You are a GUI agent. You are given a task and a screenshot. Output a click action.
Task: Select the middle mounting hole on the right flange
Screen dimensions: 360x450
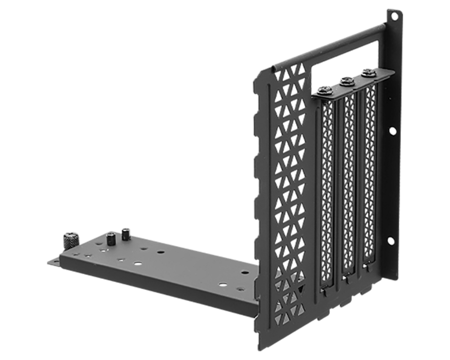(392, 131)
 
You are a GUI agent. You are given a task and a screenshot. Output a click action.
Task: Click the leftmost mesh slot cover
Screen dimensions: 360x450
(327, 193)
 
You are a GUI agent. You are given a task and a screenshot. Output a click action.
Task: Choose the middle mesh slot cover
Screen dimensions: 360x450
(349, 184)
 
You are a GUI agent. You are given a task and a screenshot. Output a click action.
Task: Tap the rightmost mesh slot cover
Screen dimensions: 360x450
(370, 175)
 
